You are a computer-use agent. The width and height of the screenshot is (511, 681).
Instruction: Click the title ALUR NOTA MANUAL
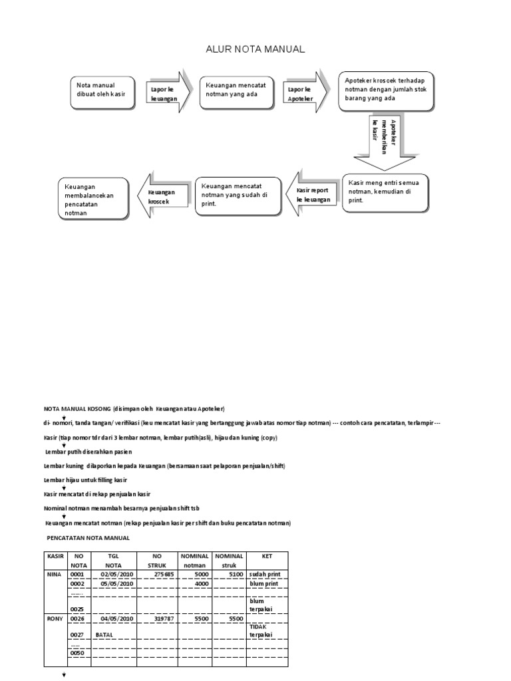pyautogui.click(x=255, y=49)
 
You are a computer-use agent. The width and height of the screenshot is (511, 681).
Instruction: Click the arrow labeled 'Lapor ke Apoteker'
pyautogui.click(x=303, y=93)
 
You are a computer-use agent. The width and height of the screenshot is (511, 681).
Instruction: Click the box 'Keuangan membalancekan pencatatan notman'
pyautogui.click(x=92, y=198)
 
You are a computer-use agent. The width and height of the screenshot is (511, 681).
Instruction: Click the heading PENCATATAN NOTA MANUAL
pyautogui.click(x=88, y=537)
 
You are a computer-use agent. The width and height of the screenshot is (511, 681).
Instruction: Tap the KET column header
pyautogui.click(x=267, y=555)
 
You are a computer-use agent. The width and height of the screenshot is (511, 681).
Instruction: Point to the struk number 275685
pyautogui.click(x=163, y=573)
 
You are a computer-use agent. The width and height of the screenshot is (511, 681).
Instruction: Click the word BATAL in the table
pyautogui.click(x=104, y=635)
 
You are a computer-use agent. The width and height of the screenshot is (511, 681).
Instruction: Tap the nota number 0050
pyautogui.click(x=78, y=652)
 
